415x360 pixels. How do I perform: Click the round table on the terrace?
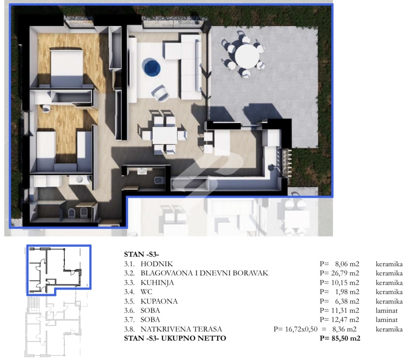click(247, 56)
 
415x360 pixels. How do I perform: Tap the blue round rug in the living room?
click(151, 67)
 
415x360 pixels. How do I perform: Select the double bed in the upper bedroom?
click(67, 67)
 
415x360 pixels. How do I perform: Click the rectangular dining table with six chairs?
click(165, 135)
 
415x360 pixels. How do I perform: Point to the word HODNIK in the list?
click(157, 264)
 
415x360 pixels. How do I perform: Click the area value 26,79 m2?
click(345, 273)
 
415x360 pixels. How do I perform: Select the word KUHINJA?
click(157, 283)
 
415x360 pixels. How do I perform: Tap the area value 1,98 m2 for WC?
click(347, 292)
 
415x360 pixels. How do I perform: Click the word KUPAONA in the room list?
click(159, 301)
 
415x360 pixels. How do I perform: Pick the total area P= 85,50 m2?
click(340, 338)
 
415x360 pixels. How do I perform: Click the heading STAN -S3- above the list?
click(142, 255)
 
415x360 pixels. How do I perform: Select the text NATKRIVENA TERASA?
click(181, 329)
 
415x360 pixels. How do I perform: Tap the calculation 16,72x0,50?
click(301, 329)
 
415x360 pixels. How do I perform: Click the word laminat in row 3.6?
click(387, 311)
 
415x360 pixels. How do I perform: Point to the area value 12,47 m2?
click(345, 320)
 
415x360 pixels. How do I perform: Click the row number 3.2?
click(129, 273)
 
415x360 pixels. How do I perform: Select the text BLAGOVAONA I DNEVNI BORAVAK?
click(205, 273)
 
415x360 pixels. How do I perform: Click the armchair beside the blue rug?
click(160, 93)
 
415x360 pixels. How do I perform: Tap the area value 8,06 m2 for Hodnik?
click(347, 264)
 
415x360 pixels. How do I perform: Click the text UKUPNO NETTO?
click(194, 338)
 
